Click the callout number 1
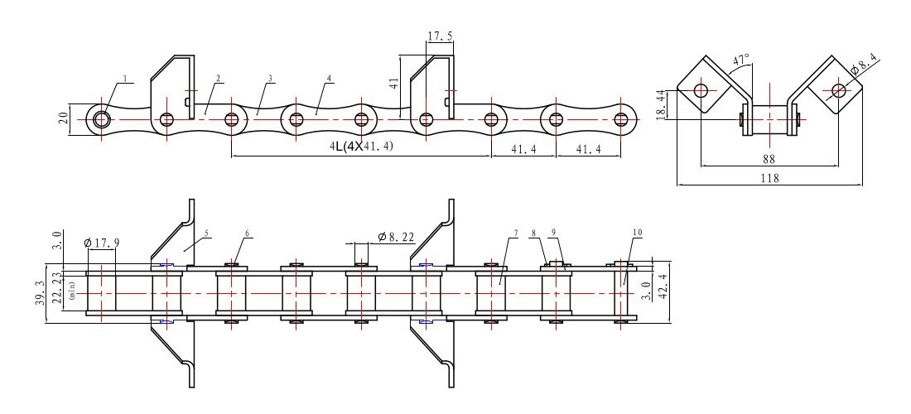click(125, 79)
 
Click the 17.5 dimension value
click(440, 36)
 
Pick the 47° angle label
click(741, 60)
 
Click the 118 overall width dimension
click(769, 178)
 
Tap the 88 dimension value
click(769, 156)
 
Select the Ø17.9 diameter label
click(101, 243)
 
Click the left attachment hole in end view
click(701, 89)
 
